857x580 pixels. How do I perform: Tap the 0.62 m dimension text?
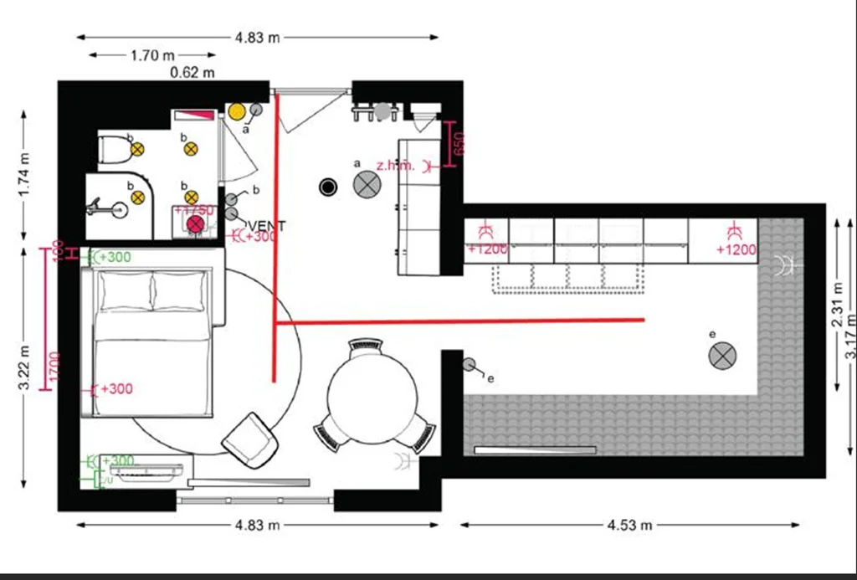coord(192,73)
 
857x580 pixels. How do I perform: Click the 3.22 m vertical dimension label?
coord(25,368)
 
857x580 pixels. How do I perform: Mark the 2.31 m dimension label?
coord(836,307)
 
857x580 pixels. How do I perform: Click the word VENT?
coord(267,226)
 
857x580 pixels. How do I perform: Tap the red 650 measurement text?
coord(458,143)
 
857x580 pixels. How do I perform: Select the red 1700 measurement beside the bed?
coord(53,368)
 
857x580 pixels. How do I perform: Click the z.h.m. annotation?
coord(396,166)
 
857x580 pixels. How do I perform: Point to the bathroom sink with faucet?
coord(115,208)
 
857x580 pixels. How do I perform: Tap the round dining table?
coord(372,398)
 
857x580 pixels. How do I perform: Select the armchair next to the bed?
coord(250,439)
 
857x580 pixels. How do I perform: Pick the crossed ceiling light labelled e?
coord(721,356)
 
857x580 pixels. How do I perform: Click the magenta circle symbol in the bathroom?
coord(196,224)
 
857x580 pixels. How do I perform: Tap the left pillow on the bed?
coord(125,290)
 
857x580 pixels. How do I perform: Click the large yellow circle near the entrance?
coord(237,111)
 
